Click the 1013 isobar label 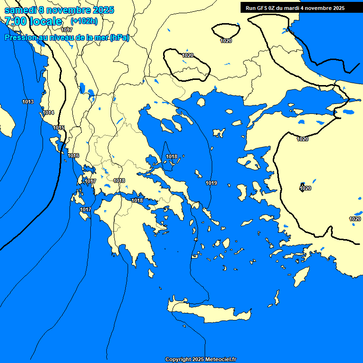28,102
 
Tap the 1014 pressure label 48,112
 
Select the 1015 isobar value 59,128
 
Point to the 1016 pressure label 73,156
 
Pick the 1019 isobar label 211,183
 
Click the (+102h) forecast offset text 85,21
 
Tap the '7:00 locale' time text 33,21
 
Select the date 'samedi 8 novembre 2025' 59,10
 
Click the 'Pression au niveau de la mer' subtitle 67,38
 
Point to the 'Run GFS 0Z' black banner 295,8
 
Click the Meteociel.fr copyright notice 200,359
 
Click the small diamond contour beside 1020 302,187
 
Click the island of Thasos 201,102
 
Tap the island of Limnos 218,133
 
